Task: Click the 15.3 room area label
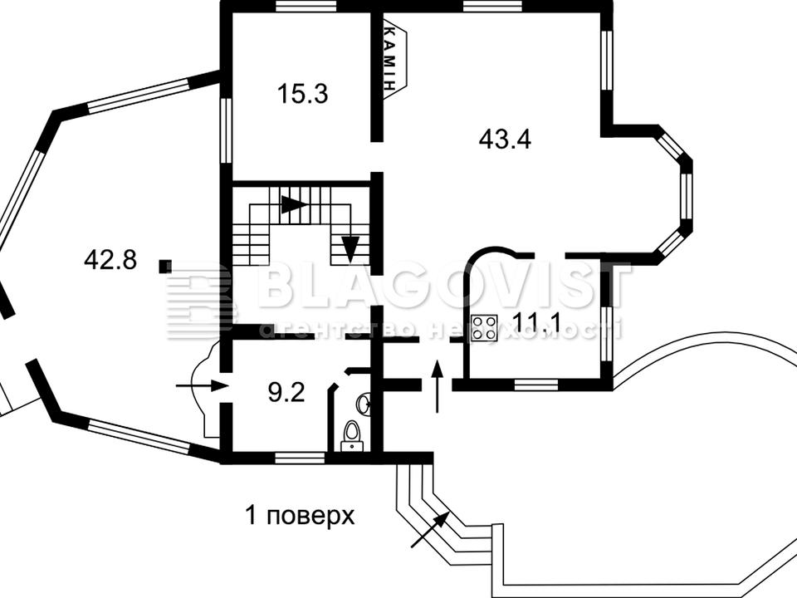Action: pos(303,94)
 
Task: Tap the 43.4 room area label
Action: pos(505,139)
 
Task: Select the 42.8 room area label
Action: pos(110,260)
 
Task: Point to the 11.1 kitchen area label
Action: pos(536,322)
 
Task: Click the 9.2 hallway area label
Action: pos(286,393)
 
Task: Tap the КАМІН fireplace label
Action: pos(389,57)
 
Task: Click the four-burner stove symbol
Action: pos(484,327)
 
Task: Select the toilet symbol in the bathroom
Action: pos(352,436)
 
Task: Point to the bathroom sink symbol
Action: pos(364,404)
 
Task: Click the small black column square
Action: pos(165,266)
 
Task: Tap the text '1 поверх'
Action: pos(300,516)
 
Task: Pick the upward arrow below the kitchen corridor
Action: pos(437,386)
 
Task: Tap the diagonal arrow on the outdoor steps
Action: pos(430,531)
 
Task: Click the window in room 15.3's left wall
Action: pos(226,130)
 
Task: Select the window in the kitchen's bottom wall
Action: pos(536,385)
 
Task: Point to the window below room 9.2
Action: pos(300,458)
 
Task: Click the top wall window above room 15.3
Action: pos(306,6)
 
